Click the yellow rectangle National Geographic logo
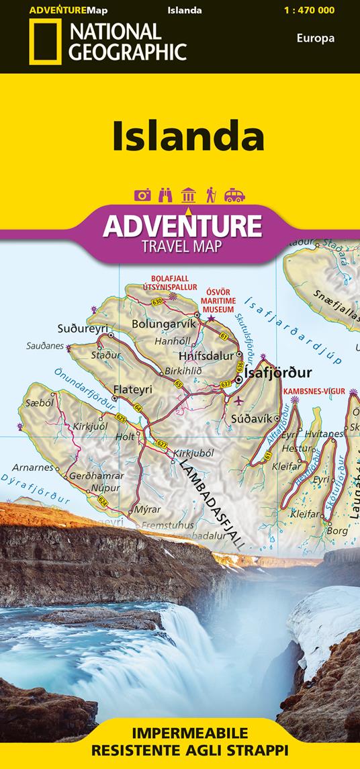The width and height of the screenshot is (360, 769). (45, 42)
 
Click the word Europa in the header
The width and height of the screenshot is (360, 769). (315, 38)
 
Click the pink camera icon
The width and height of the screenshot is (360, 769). (142, 195)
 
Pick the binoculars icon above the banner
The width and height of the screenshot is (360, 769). (165, 195)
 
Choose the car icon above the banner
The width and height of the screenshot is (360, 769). (234, 195)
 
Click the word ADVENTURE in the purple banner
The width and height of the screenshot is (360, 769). (181, 225)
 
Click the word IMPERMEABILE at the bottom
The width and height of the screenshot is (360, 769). (179, 733)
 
